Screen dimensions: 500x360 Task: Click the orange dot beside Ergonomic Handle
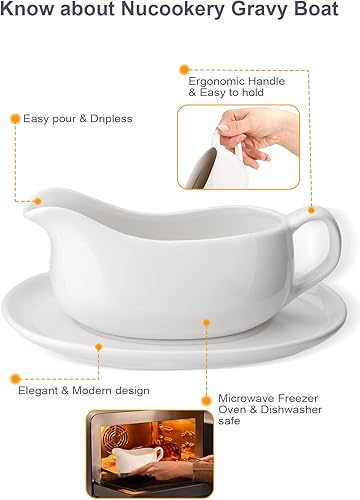183,69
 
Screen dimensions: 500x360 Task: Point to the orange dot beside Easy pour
15,118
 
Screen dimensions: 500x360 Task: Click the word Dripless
108,118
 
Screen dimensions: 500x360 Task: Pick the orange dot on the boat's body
206,322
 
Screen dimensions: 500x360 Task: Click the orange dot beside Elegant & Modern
15,379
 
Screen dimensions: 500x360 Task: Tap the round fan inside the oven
115,447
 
